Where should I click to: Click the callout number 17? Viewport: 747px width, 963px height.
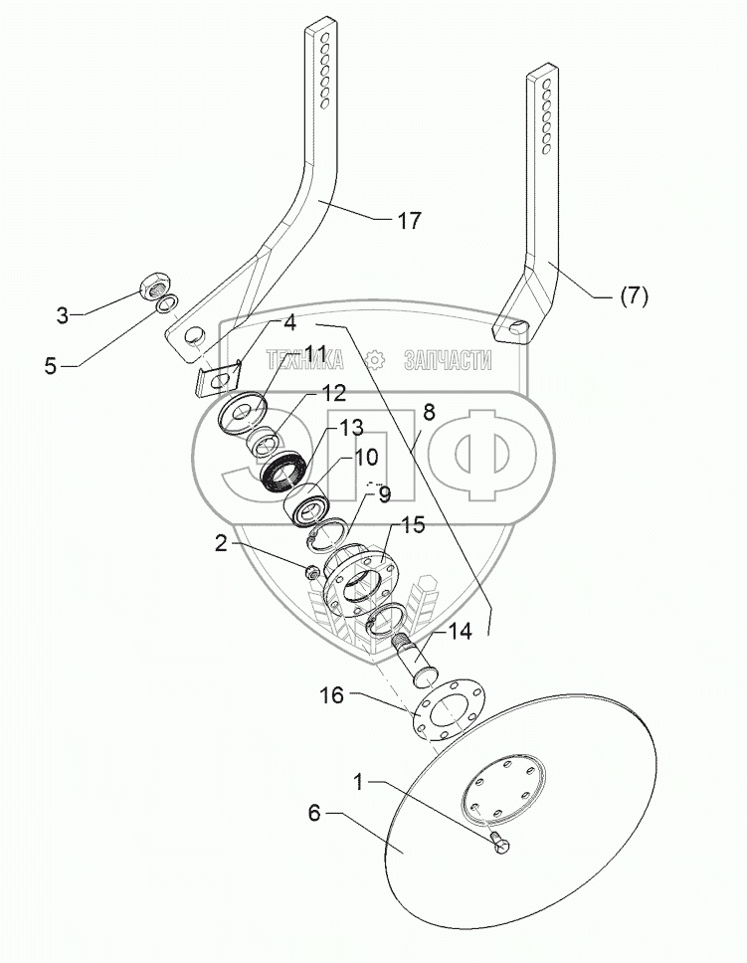[409, 221]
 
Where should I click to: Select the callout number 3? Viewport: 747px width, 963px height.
[62, 316]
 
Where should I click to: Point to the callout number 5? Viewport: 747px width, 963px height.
[51, 365]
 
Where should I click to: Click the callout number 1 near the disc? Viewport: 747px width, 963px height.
[359, 783]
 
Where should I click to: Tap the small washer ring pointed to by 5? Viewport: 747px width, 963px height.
[168, 302]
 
